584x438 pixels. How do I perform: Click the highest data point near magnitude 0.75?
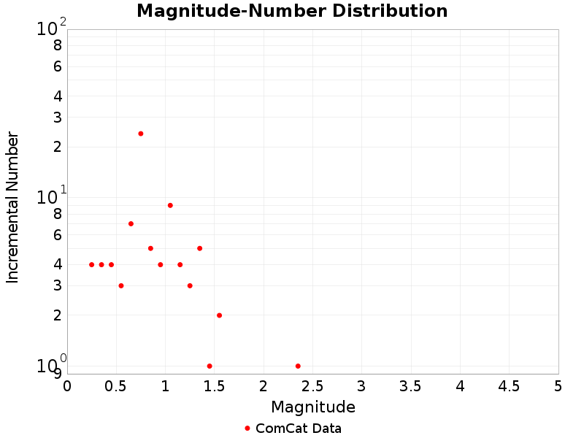click(141, 134)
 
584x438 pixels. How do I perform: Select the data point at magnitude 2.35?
click(298, 366)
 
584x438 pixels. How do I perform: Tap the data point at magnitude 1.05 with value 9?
click(170, 205)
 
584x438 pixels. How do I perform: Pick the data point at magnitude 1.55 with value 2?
click(219, 315)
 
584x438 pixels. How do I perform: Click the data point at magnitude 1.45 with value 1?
click(210, 366)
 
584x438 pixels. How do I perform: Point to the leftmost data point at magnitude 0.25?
click(91, 264)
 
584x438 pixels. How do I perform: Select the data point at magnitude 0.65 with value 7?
click(131, 223)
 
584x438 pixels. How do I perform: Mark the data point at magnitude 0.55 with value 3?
click(121, 285)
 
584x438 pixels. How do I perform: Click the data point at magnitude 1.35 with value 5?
click(199, 248)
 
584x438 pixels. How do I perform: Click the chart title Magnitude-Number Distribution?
click(292, 11)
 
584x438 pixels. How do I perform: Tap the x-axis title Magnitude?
click(313, 407)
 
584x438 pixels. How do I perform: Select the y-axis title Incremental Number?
click(12, 207)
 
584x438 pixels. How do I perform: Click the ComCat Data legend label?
click(298, 429)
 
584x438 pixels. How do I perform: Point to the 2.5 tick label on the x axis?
click(312, 385)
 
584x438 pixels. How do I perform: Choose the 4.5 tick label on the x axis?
click(509, 385)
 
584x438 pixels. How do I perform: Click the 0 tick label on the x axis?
click(67, 385)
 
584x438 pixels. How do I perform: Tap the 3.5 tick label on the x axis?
click(411, 385)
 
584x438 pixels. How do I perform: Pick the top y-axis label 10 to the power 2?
click(51, 28)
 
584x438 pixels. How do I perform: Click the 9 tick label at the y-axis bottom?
click(57, 374)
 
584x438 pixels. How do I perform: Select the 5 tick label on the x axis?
click(558, 385)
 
